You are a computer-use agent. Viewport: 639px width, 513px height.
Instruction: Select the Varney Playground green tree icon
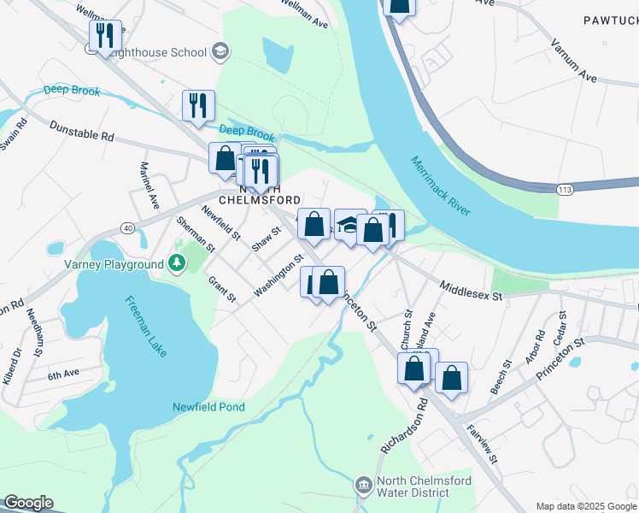tap(176, 264)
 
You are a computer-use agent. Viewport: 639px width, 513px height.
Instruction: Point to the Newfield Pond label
tap(208, 407)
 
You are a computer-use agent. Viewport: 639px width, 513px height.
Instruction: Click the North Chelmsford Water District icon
tap(364, 486)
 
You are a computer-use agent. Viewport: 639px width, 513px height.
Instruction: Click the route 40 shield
tap(127, 227)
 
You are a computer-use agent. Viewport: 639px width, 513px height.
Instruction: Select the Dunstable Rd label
tap(81, 135)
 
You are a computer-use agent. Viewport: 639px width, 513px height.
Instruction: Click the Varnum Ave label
tap(573, 60)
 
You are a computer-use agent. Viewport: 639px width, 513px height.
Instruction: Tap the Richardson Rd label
tap(404, 434)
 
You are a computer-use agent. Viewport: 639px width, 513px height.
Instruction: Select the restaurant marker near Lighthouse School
tap(105, 36)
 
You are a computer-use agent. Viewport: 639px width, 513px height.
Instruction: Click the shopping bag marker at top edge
tap(399, 5)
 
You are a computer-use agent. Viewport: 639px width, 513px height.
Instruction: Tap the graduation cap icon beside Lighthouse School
tap(220, 52)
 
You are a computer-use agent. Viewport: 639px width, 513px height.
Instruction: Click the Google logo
tap(28, 503)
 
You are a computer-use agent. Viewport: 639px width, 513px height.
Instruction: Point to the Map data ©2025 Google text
tap(585, 506)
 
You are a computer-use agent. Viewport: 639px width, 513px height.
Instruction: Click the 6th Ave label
tap(63, 374)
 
